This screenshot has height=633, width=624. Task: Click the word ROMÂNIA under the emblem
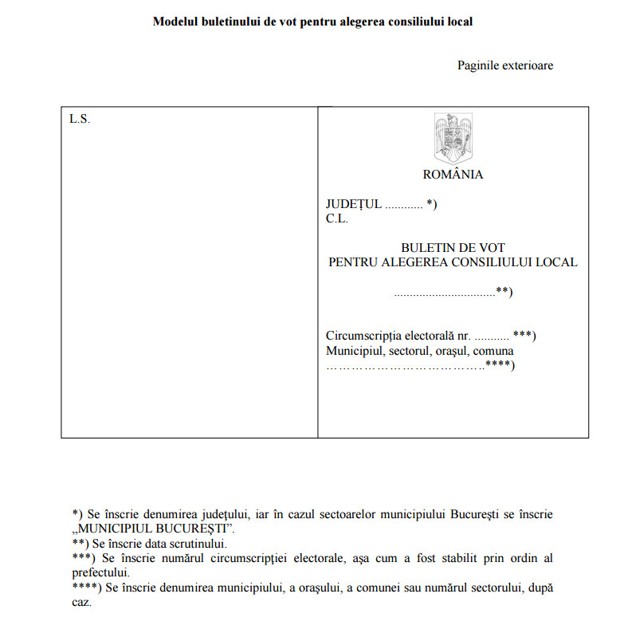point(453,175)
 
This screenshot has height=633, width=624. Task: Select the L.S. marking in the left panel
point(80,120)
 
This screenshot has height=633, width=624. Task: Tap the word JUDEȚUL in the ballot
point(353,204)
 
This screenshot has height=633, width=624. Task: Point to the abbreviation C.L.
point(336,218)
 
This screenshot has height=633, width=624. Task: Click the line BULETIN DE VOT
point(453,248)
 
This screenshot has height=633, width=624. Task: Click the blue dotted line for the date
point(444,293)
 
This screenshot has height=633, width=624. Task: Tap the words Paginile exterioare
point(505,65)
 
